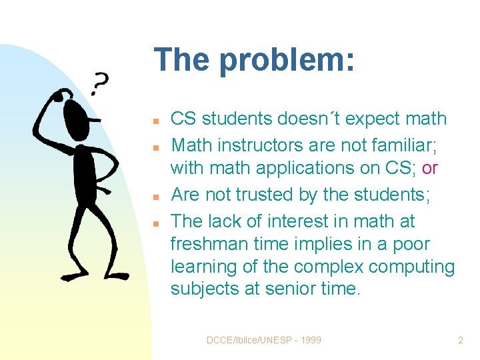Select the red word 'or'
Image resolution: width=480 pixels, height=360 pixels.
click(430, 169)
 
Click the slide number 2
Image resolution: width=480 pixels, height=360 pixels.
click(460, 340)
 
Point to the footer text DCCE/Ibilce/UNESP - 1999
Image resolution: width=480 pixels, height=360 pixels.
click(264, 340)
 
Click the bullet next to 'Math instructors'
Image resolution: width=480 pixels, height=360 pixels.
click(154, 146)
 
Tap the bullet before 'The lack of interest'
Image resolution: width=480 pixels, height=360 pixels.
click(154, 223)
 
